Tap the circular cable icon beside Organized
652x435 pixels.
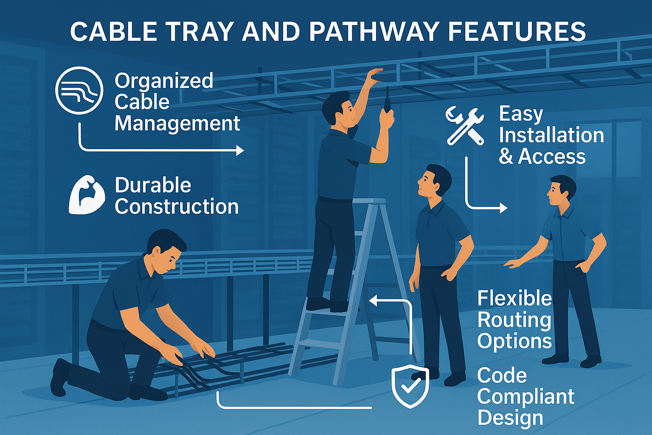(79, 90)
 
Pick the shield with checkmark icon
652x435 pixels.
(410, 386)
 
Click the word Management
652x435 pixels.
(177, 124)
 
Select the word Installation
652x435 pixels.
(551, 135)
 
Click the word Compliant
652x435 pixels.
(526, 397)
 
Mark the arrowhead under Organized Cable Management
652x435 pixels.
(240, 151)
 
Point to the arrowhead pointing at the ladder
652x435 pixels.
(374, 301)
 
